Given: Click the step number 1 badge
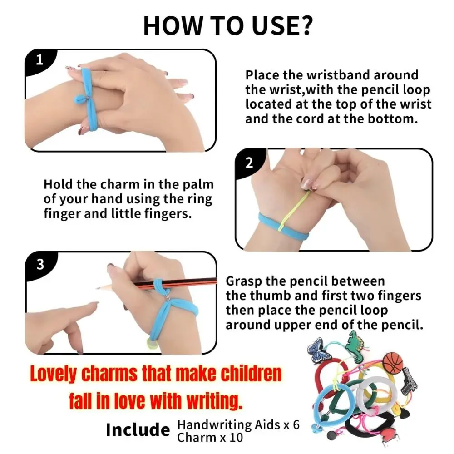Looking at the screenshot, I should point(39,60).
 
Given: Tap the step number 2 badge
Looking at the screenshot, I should point(249,163).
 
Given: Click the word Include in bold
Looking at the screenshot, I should point(138,429).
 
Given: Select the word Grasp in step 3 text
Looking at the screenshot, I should point(244,281).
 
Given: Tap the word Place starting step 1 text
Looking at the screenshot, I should point(262,75).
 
